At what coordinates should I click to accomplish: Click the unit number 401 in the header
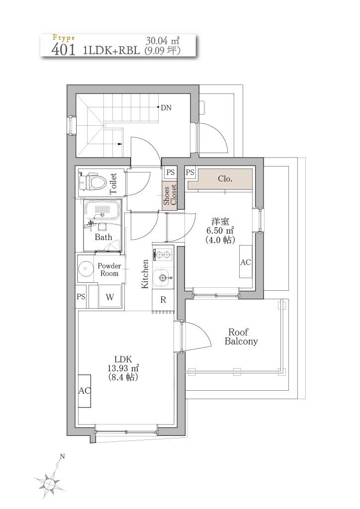point(64,49)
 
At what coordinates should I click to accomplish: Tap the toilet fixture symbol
point(93,182)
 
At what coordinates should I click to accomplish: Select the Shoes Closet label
point(170,195)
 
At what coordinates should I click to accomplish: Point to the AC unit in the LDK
point(85,391)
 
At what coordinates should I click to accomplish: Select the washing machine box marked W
point(110,296)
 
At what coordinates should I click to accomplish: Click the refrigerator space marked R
point(163,300)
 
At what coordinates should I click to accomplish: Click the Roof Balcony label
point(241,337)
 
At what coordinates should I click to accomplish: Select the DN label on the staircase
point(166,108)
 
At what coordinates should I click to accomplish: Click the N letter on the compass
point(62,456)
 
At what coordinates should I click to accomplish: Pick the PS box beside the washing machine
point(81,296)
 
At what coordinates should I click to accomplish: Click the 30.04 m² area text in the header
point(163,41)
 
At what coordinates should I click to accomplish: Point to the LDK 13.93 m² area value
point(123,368)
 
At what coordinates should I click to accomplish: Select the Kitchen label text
point(145,274)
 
